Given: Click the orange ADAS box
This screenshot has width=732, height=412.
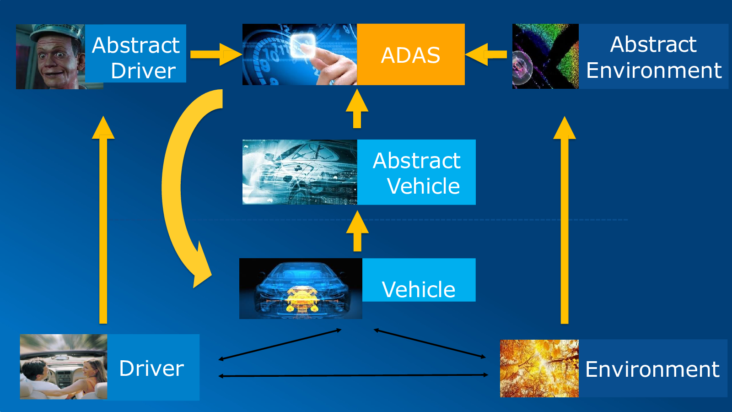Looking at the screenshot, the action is coord(411,54).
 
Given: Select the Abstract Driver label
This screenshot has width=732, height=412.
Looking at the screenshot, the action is coord(135,53).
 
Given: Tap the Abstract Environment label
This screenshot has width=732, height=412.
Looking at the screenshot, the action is coord(654,56).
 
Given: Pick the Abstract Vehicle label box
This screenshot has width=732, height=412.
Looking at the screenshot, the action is coord(416,172).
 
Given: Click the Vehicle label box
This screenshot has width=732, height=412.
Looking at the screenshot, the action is coord(419,280).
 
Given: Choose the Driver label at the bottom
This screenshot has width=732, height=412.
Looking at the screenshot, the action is coord(153,367).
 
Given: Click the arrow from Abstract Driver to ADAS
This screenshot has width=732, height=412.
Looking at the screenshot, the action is coord(216,54).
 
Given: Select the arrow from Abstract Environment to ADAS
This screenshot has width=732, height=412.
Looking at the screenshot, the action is coord(486,54).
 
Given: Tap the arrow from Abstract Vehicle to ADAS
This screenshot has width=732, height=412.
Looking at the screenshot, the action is coord(357,108).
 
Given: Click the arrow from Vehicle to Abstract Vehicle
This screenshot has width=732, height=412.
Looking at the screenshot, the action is coord(357,231).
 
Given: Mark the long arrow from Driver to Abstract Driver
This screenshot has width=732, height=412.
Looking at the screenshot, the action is coord(103,220).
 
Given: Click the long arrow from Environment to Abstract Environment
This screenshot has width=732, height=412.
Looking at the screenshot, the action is coord(565,220).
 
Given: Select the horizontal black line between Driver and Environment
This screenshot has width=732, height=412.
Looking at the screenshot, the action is coord(353,375).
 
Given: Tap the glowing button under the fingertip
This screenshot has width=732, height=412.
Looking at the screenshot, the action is coord(303,45).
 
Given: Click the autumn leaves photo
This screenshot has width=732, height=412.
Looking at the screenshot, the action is coord(539,369).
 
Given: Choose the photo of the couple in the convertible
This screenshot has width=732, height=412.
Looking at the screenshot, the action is coord(64,367).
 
